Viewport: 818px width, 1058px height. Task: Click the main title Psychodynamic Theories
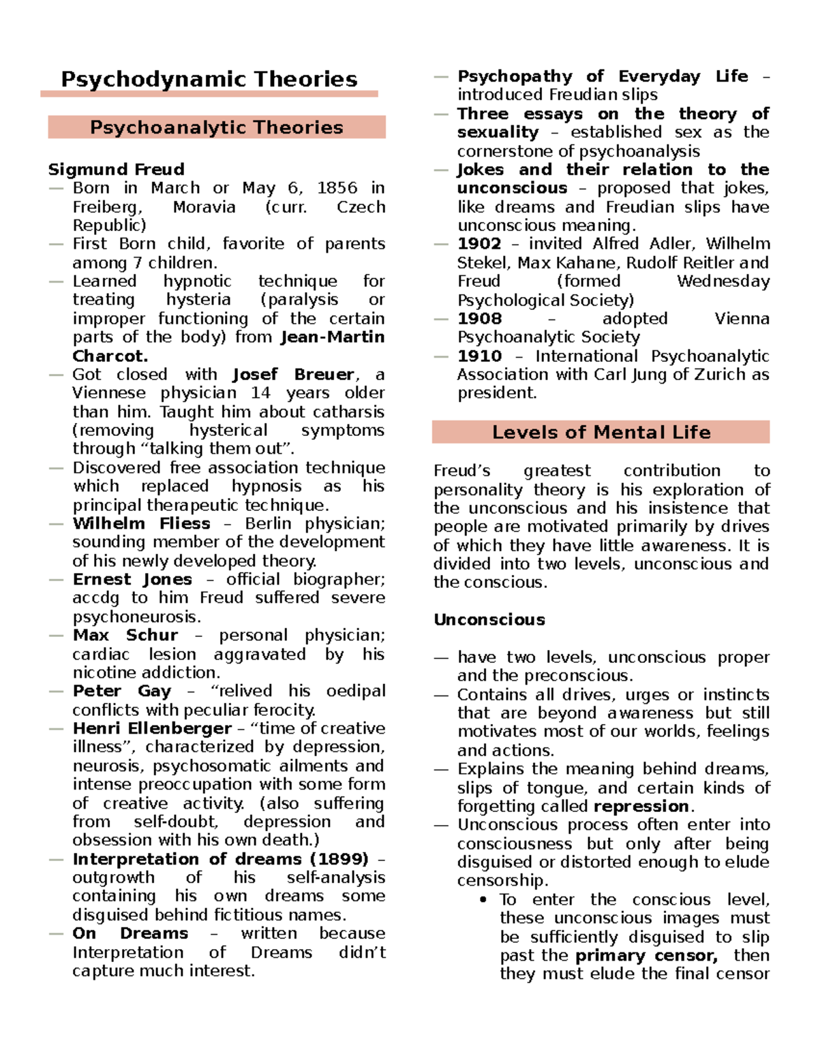pyautogui.click(x=209, y=79)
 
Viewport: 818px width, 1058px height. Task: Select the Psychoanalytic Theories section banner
pyautogui.click(x=217, y=127)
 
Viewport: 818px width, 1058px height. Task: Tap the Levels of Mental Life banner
pyautogui.click(x=601, y=432)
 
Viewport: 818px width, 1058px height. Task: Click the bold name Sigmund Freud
pyautogui.click(x=116, y=169)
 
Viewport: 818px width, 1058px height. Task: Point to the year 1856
pyautogui.click(x=337, y=187)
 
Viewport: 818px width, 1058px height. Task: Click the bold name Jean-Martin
pyautogui.click(x=333, y=337)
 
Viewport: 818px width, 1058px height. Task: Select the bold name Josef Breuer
pyautogui.click(x=293, y=374)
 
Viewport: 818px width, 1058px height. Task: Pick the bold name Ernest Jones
pyautogui.click(x=132, y=579)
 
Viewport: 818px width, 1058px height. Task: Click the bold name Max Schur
pyautogui.click(x=125, y=635)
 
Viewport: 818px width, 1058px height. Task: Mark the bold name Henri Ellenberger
pyautogui.click(x=152, y=728)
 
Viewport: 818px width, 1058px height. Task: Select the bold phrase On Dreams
pyautogui.click(x=130, y=933)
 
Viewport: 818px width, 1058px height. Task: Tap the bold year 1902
pyautogui.click(x=479, y=243)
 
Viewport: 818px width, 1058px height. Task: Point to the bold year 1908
pyautogui.click(x=479, y=318)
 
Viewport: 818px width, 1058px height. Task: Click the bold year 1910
pyautogui.click(x=479, y=356)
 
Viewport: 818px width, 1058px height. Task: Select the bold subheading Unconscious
pyautogui.click(x=489, y=619)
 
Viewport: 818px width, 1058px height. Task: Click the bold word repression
pyautogui.click(x=641, y=806)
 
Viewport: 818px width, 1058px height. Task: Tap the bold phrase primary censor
pyautogui.click(x=646, y=955)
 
